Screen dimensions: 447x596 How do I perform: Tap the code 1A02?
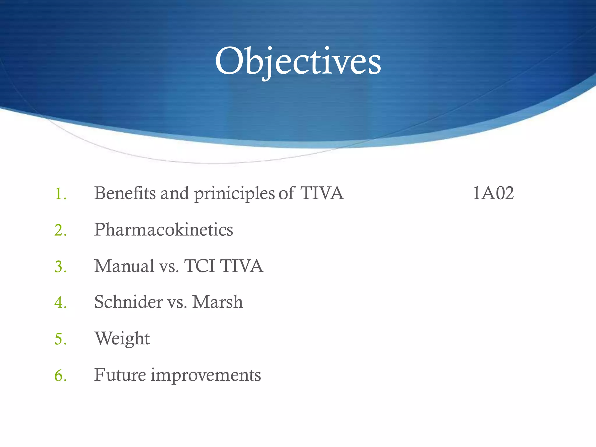click(x=493, y=193)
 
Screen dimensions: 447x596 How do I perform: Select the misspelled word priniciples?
click(x=234, y=194)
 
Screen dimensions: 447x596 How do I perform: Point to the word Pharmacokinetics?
click(x=164, y=230)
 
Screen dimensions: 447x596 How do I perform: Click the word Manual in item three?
click(x=124, y=266)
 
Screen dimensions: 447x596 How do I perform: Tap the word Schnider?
click(x=128, y=302)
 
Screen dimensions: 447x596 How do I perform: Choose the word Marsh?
click(x=217, y=302)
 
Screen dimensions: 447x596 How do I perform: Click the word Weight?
click(x=122, y=339)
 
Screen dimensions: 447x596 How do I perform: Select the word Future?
click(x=120, y=375)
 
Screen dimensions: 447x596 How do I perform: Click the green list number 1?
click(x=61, y=194)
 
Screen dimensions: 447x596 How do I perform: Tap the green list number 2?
click(x=61, y=230)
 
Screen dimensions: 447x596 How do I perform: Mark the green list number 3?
click(x=61, y=267)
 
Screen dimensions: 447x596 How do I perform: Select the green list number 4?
click(x=61, y=303)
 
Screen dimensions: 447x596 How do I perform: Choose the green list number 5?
click(x=61, y=339)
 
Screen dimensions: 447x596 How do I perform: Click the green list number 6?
click(x=61, y=375)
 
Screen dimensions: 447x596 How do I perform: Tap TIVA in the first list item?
click(x=322, y=193)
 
